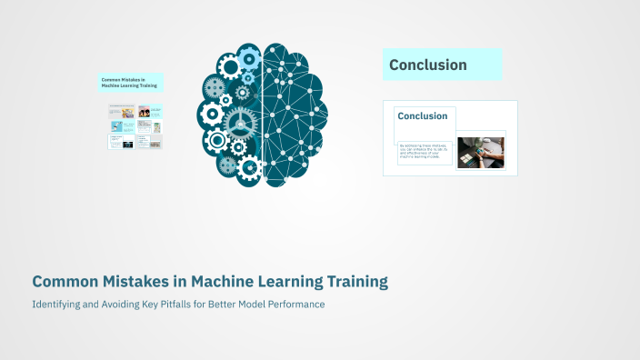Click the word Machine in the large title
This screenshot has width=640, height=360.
pyautogui.click(x=225, y=282)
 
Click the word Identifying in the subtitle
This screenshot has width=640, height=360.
pyautogui.click(x=57, y=305)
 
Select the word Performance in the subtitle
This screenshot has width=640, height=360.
pyautogui.click(x=294, y=305)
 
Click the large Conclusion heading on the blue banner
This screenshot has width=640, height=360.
pyautogui.click(x=428, y=65)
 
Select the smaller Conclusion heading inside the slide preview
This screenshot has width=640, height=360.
pyautogui.click(x=423, y=116)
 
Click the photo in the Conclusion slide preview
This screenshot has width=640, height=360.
pyautogui.click(x=480, y=153)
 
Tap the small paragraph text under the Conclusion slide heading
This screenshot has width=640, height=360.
pyautogui.click(x=424, y=153)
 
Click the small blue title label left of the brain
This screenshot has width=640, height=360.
pyautogui.click(x=130, y=83)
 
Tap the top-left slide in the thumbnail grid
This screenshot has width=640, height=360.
pyautogui.click(x=122, y=113)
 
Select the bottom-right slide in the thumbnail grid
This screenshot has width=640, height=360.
pyautogui.click(x=155, y=142)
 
